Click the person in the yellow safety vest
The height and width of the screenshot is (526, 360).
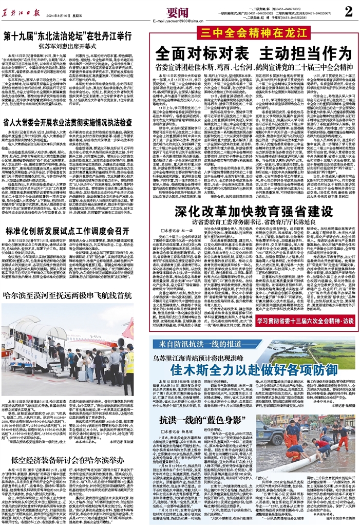(129, 362)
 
